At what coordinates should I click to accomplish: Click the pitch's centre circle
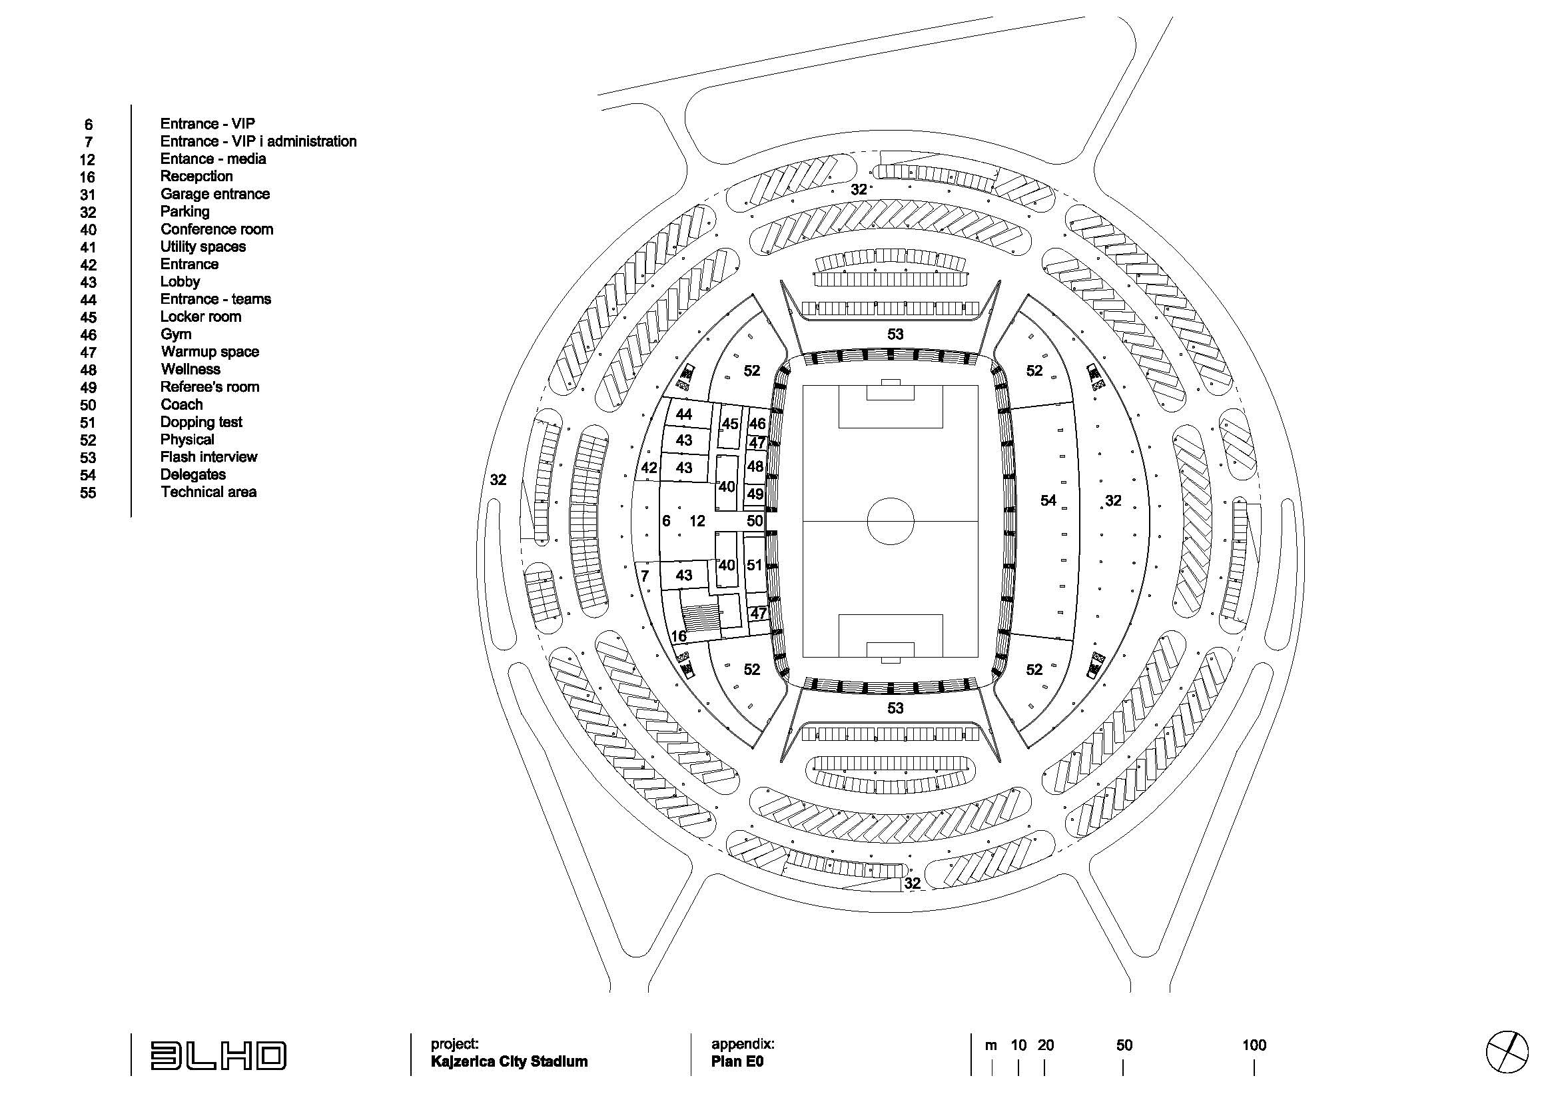tap(891, 521)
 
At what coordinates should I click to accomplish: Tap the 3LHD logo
tap(218, 1055)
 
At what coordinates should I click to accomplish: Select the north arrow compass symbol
tap(1507, 1053)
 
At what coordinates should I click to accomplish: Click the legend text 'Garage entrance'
tap(215, 194)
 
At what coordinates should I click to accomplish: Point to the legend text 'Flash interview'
tap(209, 457)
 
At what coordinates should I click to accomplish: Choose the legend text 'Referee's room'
tap(210, 387)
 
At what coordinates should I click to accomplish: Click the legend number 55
tap(88, 493)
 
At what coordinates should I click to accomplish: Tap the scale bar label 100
tap(1254, 1045)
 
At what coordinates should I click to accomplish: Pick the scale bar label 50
tap(1124, 1045)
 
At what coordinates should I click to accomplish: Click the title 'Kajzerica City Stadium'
tap(509, 1061)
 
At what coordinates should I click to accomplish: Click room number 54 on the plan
tap(1048, 501)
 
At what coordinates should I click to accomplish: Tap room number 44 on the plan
tap(684, 414)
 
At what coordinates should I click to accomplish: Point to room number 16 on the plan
tap(679, 636)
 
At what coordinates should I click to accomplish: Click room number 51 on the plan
tap(755, 565)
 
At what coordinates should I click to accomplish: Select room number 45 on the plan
tap(730, 424)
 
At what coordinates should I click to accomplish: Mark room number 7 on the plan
tap(645, 576)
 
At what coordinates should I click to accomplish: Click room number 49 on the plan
tap(755, 494)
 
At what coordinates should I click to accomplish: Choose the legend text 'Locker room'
tap(201, 317)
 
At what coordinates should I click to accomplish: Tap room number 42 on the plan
tap(649, 468)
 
